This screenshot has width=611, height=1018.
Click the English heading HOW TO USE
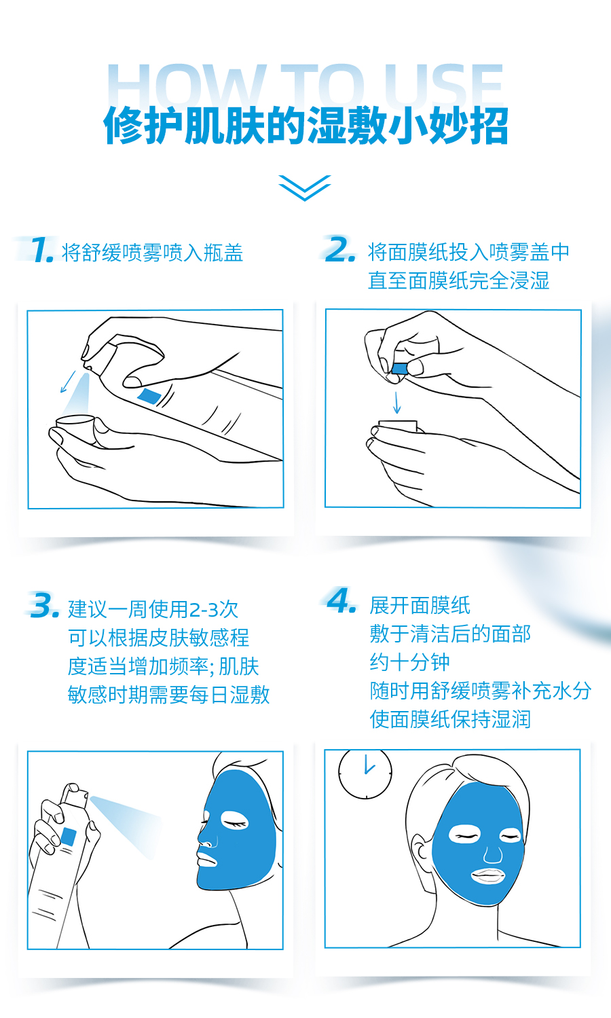305,86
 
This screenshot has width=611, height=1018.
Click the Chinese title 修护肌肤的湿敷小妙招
305,126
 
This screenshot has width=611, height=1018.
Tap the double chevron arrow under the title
305,187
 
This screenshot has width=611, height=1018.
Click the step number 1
42,249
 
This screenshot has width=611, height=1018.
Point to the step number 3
43,605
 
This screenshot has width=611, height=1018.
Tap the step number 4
341,600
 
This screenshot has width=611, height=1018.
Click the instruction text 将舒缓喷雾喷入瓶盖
152,253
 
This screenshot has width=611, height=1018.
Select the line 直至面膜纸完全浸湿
458,280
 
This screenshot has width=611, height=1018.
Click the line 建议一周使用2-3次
153,609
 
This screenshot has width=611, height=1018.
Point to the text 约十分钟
410,662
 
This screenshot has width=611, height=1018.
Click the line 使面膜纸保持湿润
450,719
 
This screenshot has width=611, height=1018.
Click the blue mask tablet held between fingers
399,369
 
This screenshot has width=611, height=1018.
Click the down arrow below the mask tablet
397,402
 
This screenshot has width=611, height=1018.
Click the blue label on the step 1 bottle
149,396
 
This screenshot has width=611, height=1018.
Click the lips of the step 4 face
488,876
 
